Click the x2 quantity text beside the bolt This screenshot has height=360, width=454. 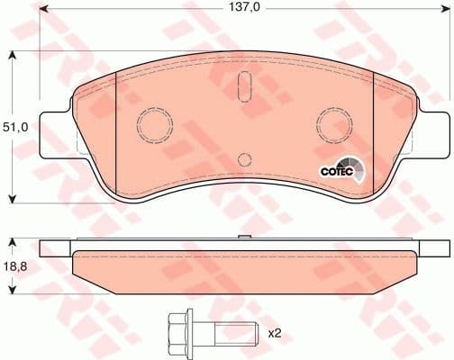tap(275, 334)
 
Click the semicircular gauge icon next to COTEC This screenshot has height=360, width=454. tap(358, 169)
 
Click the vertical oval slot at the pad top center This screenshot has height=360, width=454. tap(243, 87)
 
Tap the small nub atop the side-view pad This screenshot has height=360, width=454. tap(243, 238)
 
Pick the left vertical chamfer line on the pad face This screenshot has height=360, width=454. tap(118, 135)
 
